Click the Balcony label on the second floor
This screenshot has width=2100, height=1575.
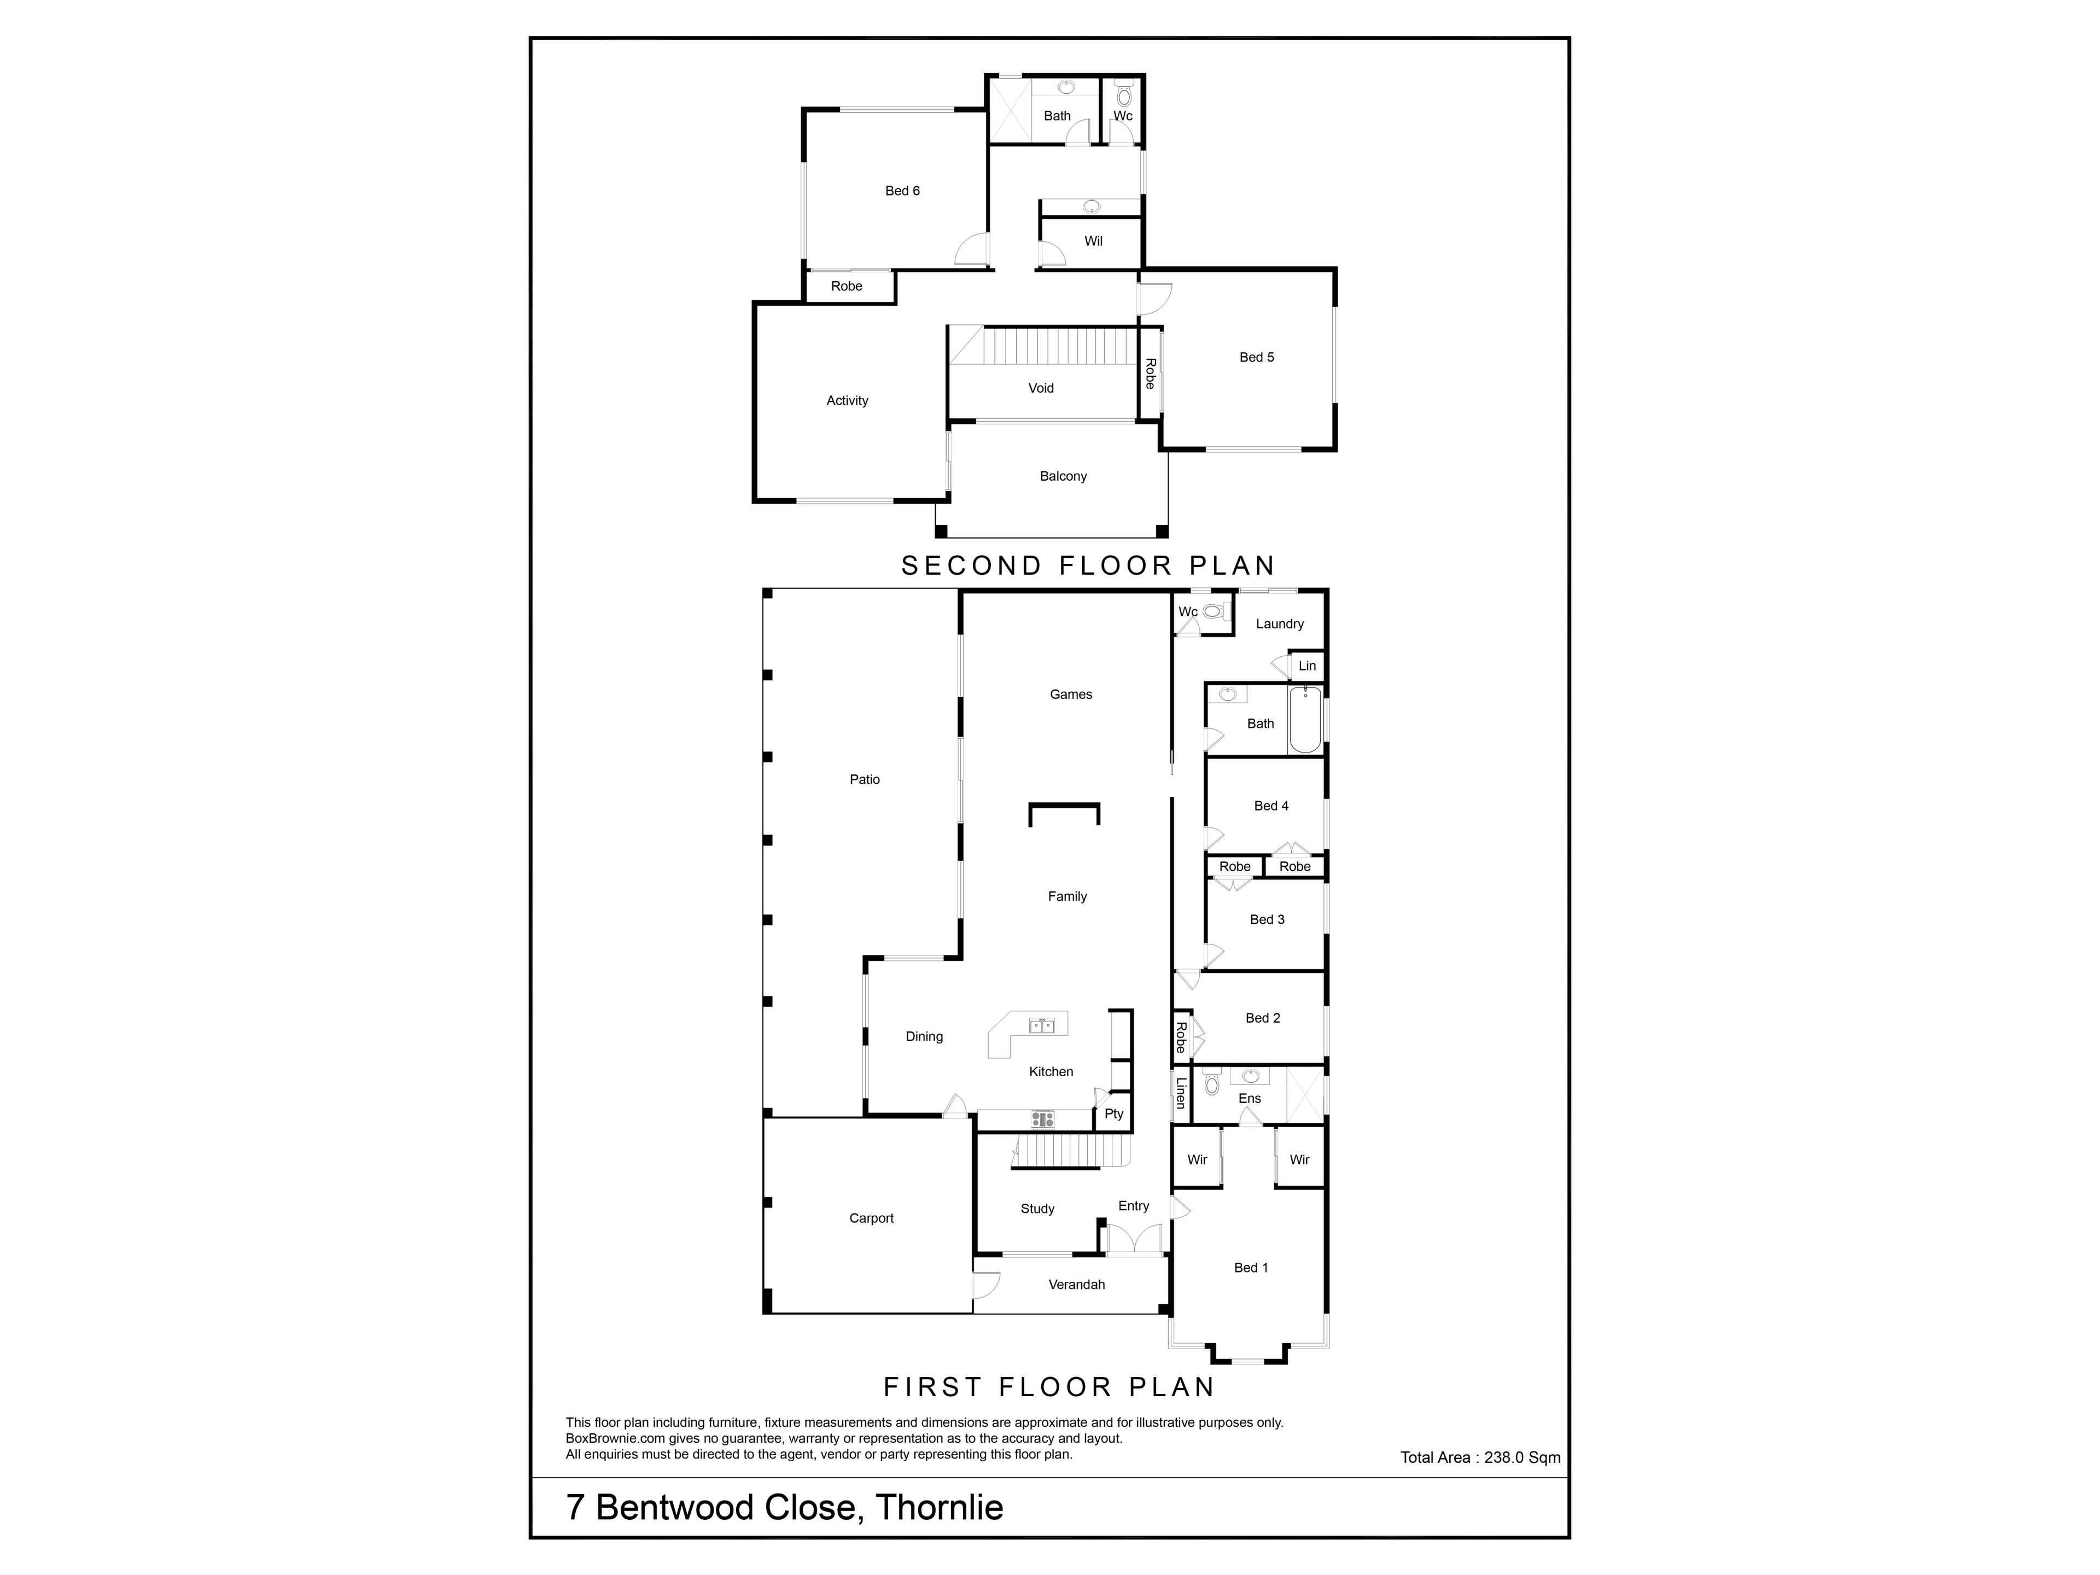click(1063, 476)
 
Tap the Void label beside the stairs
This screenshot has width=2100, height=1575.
click(1041, 388)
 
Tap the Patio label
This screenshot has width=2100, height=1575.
click(864, 779)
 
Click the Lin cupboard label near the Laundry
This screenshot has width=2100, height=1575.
click(1307, 666)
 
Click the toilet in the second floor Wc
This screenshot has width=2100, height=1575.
click(1124, 96)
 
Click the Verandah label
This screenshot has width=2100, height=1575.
click(1077, 1285)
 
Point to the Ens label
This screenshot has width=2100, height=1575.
click(1250, 1099)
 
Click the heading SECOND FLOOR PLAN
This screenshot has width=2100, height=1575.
click(1088, 566)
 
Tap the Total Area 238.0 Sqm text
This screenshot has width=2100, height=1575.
click(1480, 1457)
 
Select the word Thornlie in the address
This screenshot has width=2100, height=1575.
click(939, 1508)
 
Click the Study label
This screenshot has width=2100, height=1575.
click(1037, 1209)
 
